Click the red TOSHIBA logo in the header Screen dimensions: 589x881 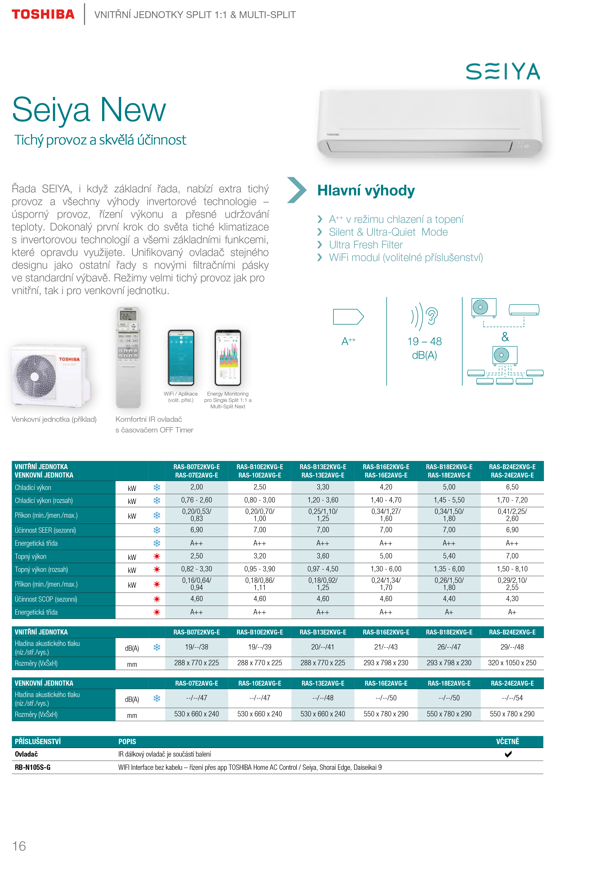43,15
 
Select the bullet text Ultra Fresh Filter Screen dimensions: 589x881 366,245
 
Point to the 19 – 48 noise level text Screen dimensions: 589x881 425,341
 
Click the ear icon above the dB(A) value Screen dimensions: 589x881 432,316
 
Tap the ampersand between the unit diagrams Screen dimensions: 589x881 505,337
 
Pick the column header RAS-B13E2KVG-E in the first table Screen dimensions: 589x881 323,467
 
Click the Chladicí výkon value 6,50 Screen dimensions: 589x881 512,487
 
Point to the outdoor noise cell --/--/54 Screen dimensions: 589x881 512,698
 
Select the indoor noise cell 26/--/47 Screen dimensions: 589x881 449,647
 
